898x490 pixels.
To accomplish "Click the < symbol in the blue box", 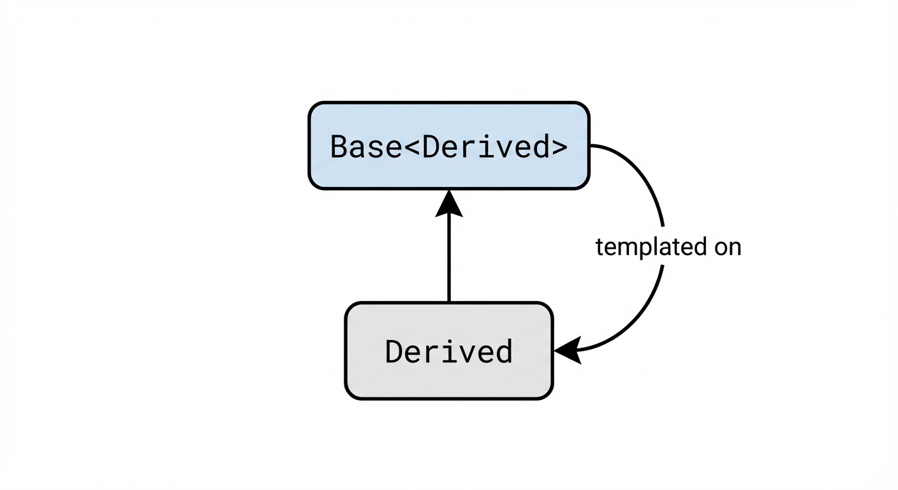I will [x=412, y=148].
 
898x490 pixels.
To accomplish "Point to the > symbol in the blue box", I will [x=558, y=148].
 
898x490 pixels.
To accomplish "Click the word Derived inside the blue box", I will [x=485, y=147].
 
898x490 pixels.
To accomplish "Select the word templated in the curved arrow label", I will [x=645, y=247].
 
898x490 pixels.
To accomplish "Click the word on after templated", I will [x=728, y=248].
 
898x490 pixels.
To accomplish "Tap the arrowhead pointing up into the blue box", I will [x=449, y=203].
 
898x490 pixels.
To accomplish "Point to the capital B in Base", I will [x=339, y=147].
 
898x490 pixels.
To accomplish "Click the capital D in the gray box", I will [x=394, y=352].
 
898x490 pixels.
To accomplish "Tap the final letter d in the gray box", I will [x=504, y=352].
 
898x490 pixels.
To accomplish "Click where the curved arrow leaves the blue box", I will [x=591, y=145].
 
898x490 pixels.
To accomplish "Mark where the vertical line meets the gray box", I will [x=449, y=302].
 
